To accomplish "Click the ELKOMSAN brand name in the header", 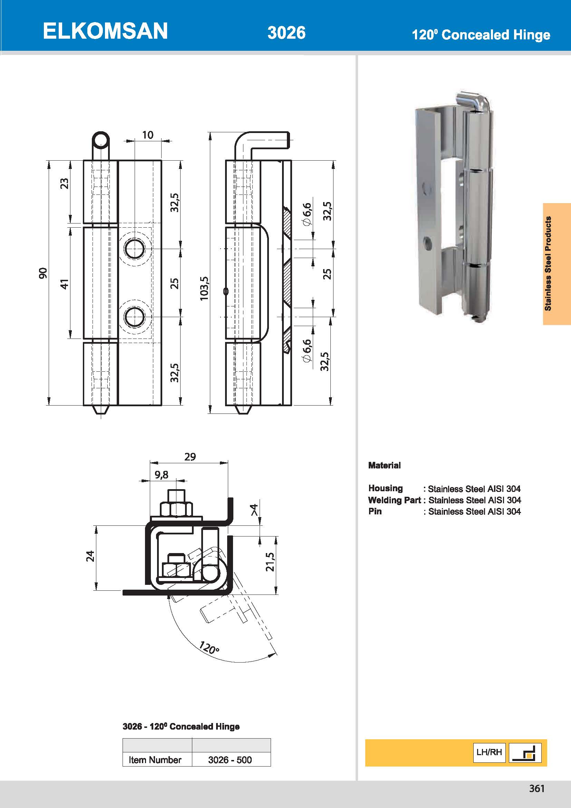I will tap(105, 31).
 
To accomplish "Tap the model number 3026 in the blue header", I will tap(286, 33).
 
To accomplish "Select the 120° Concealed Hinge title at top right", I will tap(481, 35).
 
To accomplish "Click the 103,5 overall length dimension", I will tap(204, 288).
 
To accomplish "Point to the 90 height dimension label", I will tap(42, 273).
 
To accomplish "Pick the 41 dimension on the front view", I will tap(65, 283).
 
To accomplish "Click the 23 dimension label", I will tap(65, 183).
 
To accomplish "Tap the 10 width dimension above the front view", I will tap(148, 135).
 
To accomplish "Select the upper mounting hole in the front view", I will tap(134, 249).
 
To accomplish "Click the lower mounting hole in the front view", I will tap(134, 317).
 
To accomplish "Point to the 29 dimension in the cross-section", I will tap(190, 457).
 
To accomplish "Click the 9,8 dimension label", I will tap(161, 475).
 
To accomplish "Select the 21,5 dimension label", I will tap(270, 562).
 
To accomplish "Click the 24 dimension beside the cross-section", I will tap(90, 556).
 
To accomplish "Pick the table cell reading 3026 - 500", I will tap(230, 760).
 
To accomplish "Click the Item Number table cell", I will tap(155, 760).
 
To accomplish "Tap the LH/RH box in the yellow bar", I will tap(489, 752).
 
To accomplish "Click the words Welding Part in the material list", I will tap(394, 500).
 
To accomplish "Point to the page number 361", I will tap(536, 789).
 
